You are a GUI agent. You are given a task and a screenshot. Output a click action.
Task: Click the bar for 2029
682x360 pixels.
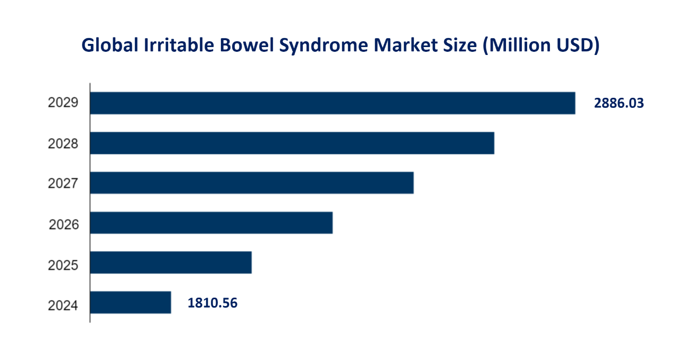pos(333,103)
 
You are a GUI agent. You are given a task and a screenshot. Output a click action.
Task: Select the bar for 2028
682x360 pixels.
pos(292,143)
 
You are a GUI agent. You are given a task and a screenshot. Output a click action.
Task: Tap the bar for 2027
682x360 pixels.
pos(252,183)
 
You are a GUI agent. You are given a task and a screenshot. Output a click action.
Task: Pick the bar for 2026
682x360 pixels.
pos(211,223)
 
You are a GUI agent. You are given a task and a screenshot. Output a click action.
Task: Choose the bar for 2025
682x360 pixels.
pos(171,263)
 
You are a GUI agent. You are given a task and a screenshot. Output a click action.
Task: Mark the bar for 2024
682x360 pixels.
pos(131,302)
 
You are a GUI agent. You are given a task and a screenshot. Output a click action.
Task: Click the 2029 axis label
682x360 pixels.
pos(63,103)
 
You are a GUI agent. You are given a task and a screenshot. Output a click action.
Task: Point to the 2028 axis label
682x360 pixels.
pos(63,143)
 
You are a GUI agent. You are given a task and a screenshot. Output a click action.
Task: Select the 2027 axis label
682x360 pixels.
pos(63,183)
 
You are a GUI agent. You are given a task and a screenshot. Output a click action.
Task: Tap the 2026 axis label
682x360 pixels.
pos(63,225)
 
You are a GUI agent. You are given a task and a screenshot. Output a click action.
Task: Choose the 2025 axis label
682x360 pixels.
pos(63,265)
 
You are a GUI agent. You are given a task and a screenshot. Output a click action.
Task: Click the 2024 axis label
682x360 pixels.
pos(63,305)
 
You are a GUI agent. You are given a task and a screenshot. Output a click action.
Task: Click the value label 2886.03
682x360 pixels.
pos(619,103)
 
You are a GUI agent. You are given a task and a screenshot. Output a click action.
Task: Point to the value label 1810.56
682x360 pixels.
pos(213,303)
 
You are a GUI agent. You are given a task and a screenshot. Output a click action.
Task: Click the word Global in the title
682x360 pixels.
pos(109,46)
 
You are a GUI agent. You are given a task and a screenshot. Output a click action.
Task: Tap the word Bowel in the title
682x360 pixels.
pos(245,46)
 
